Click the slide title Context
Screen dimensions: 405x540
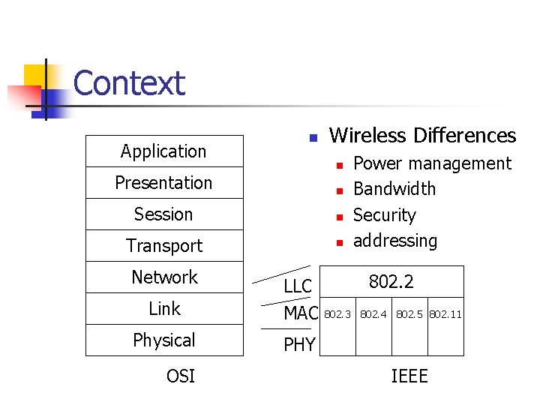128,83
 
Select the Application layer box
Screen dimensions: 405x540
163,151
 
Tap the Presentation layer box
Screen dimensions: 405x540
163,182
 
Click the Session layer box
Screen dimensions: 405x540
163,214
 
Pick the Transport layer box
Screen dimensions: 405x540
163,245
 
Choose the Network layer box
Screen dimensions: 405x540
163,277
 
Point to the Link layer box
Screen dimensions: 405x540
163,308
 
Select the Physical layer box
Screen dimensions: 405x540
163,340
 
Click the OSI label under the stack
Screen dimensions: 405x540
180,376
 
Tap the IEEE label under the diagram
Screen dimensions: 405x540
409,376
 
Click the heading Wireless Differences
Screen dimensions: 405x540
422,136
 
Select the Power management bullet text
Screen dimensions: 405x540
431,163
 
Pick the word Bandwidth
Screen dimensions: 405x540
394,189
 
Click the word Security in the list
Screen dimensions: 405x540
384,215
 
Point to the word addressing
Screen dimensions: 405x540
394,241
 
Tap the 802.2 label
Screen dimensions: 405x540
391,282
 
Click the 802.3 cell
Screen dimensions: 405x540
337,314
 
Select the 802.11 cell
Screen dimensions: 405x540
445,314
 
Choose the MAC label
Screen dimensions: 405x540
301,314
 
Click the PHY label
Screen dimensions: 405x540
299,345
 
